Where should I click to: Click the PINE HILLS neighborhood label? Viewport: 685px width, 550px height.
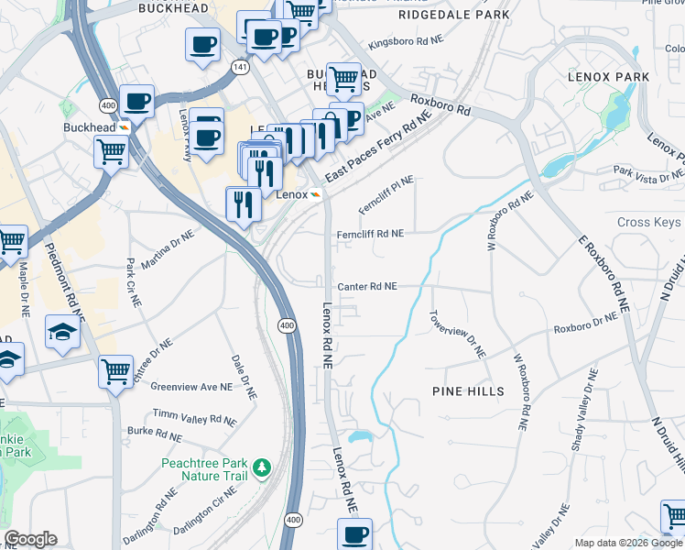(x=468, y=391)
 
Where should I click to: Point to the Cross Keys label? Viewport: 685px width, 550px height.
(x=648, y=222)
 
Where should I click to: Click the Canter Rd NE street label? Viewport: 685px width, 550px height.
(x=366, y=286)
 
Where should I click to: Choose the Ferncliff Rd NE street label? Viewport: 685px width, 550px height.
(x=370, y=234)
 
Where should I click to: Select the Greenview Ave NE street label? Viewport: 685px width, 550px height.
(x=191, y=387)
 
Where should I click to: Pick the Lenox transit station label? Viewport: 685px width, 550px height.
(x=291, y=194)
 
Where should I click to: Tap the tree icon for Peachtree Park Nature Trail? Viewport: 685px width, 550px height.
(x=262, y=468)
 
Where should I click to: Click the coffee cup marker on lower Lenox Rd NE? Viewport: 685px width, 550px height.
(x=354, y=533)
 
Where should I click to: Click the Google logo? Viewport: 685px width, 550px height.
(x=30, y=539)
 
